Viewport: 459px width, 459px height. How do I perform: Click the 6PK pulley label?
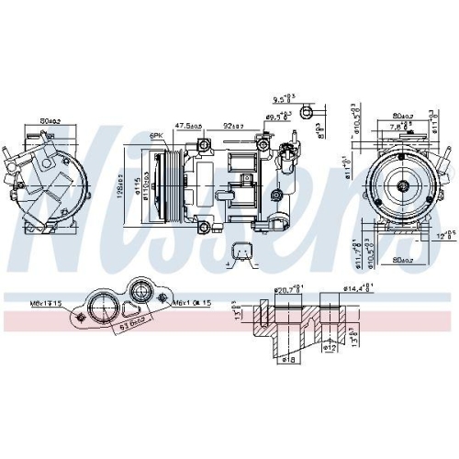click(x=156, y=136)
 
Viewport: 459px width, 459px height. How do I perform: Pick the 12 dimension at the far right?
click(x=444, y=236)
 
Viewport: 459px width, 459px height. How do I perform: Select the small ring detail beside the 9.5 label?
click(x=310, y=113)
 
